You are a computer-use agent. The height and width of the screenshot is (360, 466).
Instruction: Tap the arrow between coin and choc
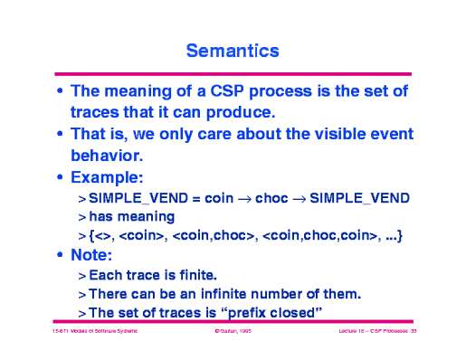point(240,198)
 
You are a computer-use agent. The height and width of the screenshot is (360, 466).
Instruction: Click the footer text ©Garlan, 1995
point(232,333)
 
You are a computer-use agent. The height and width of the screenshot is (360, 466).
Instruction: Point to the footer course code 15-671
point(62,333)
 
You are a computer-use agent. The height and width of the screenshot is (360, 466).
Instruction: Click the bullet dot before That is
point(60,134)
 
